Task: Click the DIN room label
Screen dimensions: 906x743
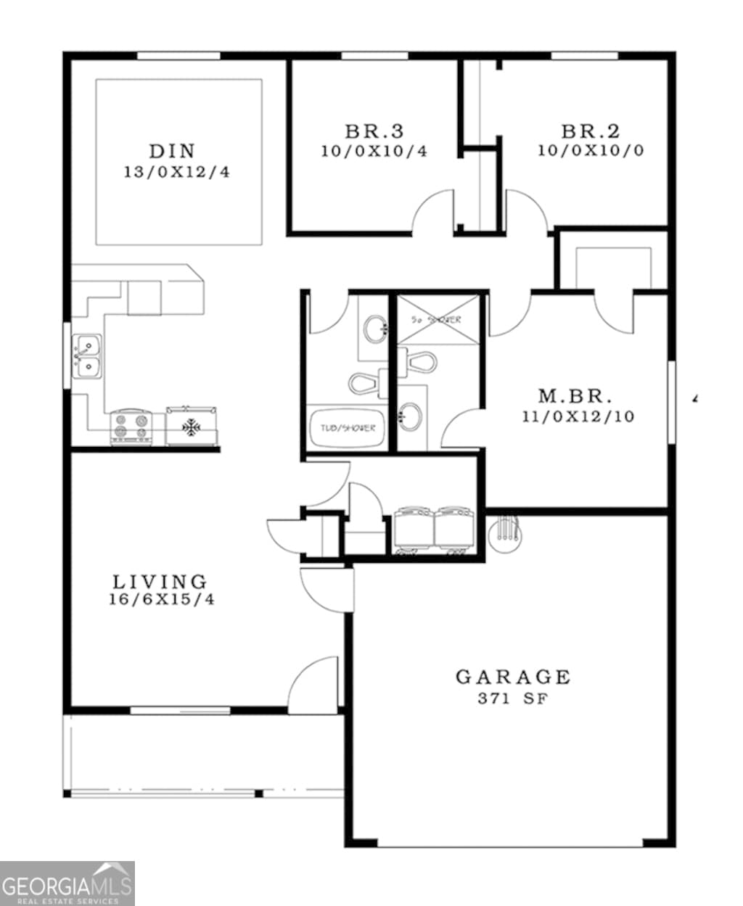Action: point(172,152)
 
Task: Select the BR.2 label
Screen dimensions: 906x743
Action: point(591,132)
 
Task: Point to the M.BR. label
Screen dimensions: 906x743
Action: point(575,397)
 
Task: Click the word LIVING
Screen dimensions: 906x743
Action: point(160,581)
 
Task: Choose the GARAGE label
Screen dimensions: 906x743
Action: point(513,677)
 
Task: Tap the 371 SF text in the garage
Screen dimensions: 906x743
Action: point(512,699)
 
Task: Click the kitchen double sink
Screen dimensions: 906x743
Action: point(87,357)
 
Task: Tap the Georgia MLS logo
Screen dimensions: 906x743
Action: point(67,883)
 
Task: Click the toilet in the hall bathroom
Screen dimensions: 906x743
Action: point(367,382)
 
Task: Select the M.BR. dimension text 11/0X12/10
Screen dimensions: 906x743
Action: point(577,417)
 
